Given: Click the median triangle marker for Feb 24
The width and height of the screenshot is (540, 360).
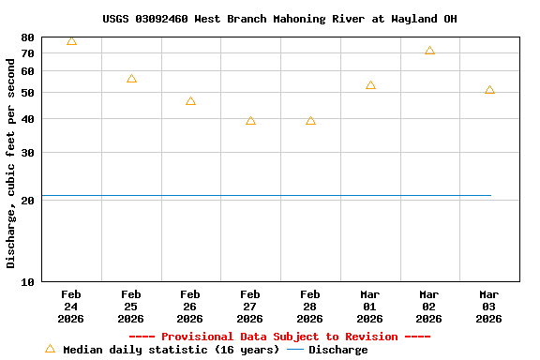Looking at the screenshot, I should pyautogui.click(x=71, y=41).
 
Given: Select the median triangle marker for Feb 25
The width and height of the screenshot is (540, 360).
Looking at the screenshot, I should pyautogui.click(x=131, y=79).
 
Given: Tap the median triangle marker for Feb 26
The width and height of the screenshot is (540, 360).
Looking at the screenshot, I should pyautogui.click(x=190, y=101).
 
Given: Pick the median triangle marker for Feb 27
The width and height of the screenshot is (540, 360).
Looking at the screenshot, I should pyautogui.click(x=250, y=121).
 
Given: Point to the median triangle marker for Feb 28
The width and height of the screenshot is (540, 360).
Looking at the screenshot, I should pyautogui.click(x=310, y=121).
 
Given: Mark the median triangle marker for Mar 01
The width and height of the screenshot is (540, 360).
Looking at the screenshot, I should pyautogui.click(x=370, y=85).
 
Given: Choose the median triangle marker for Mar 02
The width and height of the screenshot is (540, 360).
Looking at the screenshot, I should pyautogui.click(x=429, y=51).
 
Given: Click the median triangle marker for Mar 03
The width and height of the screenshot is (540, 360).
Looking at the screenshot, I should pyautogui.click(x=489, y=90).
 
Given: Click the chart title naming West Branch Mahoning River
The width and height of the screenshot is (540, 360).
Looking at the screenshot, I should pyautogui.click(x=279, y=19).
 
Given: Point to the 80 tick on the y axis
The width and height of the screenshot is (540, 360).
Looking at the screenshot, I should pyautogui.click(x=27, y=37).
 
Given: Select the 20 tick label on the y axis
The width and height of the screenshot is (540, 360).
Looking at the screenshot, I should pyautogui.click(x=27, y=201).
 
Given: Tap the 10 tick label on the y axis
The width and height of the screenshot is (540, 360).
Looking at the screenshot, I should pyautogui.click(x=27, y=281).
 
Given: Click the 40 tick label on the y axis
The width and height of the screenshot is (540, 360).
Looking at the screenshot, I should pyautogui.click(x=27, y=119).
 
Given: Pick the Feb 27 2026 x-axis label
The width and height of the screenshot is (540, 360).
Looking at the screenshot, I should pyautogui.click(x=250, y=307).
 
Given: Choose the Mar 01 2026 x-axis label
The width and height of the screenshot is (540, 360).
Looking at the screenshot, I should pyautogui.click(x=369, y=307).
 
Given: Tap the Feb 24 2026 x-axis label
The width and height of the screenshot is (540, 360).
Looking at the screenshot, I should pyautogui.click(x=71, y=307).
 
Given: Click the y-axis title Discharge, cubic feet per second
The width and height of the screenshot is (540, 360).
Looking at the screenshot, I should pyautogui.click(x=11, y=159).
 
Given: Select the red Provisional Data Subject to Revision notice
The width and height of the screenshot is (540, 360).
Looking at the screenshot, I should pyautogui.click(x=279, y=337).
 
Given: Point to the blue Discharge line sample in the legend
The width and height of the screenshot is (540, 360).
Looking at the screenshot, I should pyautogui.click(x=295, y=350).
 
